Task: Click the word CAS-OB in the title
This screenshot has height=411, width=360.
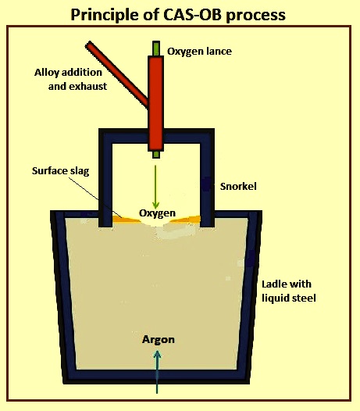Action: [193, 15]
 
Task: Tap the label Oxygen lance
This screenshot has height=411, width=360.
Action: [199, 52]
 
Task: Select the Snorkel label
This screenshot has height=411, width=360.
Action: [238, 187]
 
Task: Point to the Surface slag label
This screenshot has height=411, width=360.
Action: [61, 171]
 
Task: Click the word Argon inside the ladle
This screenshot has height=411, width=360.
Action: [159, 340]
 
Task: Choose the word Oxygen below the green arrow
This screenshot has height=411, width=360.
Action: [157, 213]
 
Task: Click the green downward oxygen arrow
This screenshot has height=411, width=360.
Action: [155, 187]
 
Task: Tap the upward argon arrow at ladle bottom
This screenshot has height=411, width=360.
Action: [157, 372]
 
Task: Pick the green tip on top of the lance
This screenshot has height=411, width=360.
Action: [156, 48]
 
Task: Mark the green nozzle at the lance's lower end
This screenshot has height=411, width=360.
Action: [156, 155]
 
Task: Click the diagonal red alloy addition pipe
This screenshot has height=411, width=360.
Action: [117, 74]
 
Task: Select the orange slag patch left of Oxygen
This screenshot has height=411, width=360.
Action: [126, 220]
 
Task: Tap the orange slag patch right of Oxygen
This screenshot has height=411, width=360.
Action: [186, 219]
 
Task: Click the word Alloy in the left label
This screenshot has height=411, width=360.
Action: [46, 73]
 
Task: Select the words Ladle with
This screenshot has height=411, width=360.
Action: [287, 284]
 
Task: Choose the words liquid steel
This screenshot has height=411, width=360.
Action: [289, 298]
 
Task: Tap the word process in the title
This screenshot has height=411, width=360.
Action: [255, 16]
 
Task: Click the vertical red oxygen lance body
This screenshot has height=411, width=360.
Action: [156, 104]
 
